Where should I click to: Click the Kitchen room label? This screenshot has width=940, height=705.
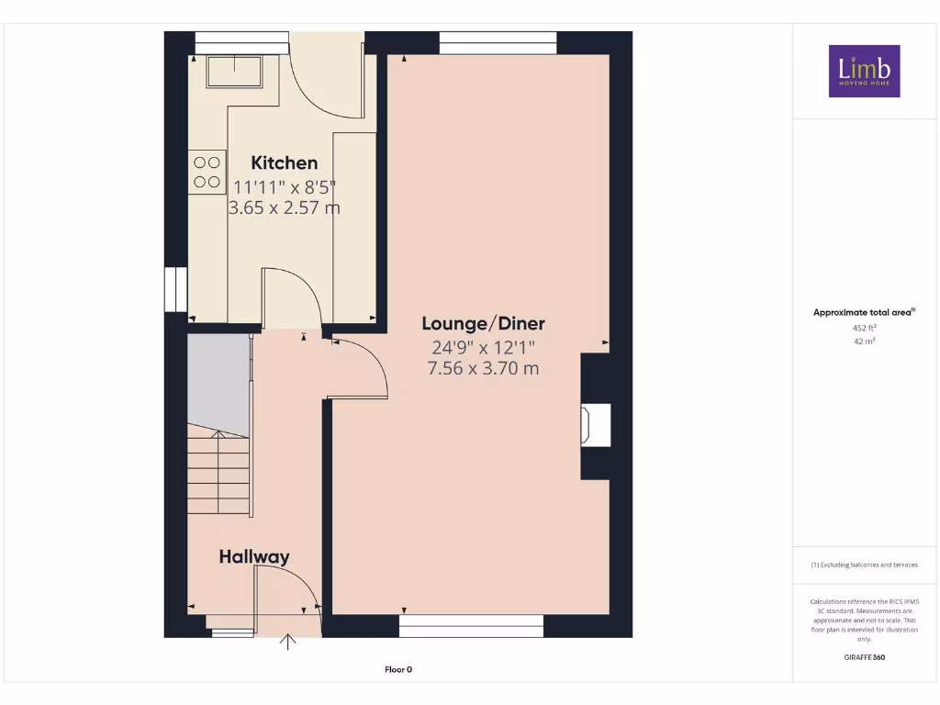(x=285, y=163)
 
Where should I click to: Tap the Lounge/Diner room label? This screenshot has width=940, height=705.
(x=483, y=323)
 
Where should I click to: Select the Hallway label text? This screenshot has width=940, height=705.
(x=254, y=556)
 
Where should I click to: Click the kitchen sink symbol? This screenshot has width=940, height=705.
(x=234, y=72)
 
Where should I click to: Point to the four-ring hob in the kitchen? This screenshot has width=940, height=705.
(x=207, y=172)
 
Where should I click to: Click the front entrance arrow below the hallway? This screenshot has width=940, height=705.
(x=288, y=642)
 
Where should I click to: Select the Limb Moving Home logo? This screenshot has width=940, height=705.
(x=864, y=71)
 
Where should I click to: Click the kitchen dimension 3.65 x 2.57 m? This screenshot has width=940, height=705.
(x=284, y=208)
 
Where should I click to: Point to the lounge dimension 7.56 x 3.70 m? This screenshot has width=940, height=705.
(x=483, y=369)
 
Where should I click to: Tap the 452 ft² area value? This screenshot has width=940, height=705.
(x=864, y=327)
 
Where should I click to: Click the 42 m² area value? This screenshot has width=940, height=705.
(x=864, y=341)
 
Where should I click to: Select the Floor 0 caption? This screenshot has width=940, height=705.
(x=398, y=670)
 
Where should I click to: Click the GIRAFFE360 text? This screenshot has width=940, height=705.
(x=864, y=657)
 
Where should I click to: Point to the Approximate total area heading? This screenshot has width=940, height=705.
(x=863, y=313)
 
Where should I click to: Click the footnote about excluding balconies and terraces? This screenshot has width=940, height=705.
(x=864, y=565)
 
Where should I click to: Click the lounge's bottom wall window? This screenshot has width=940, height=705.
(x=471, y=626)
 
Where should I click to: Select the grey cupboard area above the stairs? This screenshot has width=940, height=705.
(x=218, y=384)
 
